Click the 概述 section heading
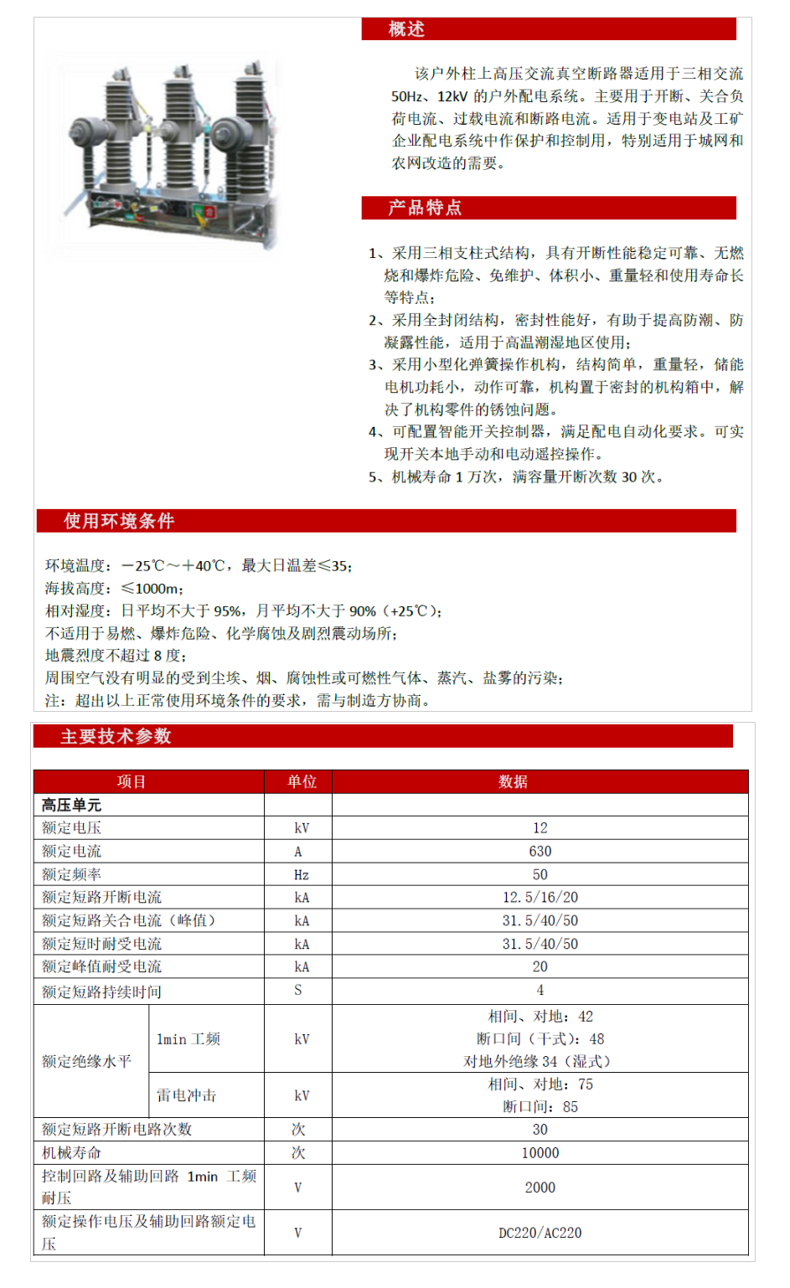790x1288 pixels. [406, 29]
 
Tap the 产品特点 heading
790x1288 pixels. [425, 208]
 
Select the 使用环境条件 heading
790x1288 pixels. [119, 521]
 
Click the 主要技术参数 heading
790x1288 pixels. [116, 736]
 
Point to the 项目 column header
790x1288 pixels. [132, 781]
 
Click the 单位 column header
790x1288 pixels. [302, 781]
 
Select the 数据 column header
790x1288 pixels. [513, 781]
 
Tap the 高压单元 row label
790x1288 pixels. [71, 805]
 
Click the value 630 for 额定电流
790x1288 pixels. [540, 851]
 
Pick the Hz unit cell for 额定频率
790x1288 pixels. [301, 874]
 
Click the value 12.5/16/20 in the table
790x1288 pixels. [540, 897]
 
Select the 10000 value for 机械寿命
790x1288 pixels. [540, 1152]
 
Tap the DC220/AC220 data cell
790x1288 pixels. [540, 1233]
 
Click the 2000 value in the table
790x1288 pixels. [540, 1188]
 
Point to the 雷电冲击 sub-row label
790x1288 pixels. [186, 1095]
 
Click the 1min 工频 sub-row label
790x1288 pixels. [188, 1039]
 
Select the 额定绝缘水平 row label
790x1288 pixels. [86, 1061]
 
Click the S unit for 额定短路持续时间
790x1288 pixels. [298, 990]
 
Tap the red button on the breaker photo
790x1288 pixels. [209, 212]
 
